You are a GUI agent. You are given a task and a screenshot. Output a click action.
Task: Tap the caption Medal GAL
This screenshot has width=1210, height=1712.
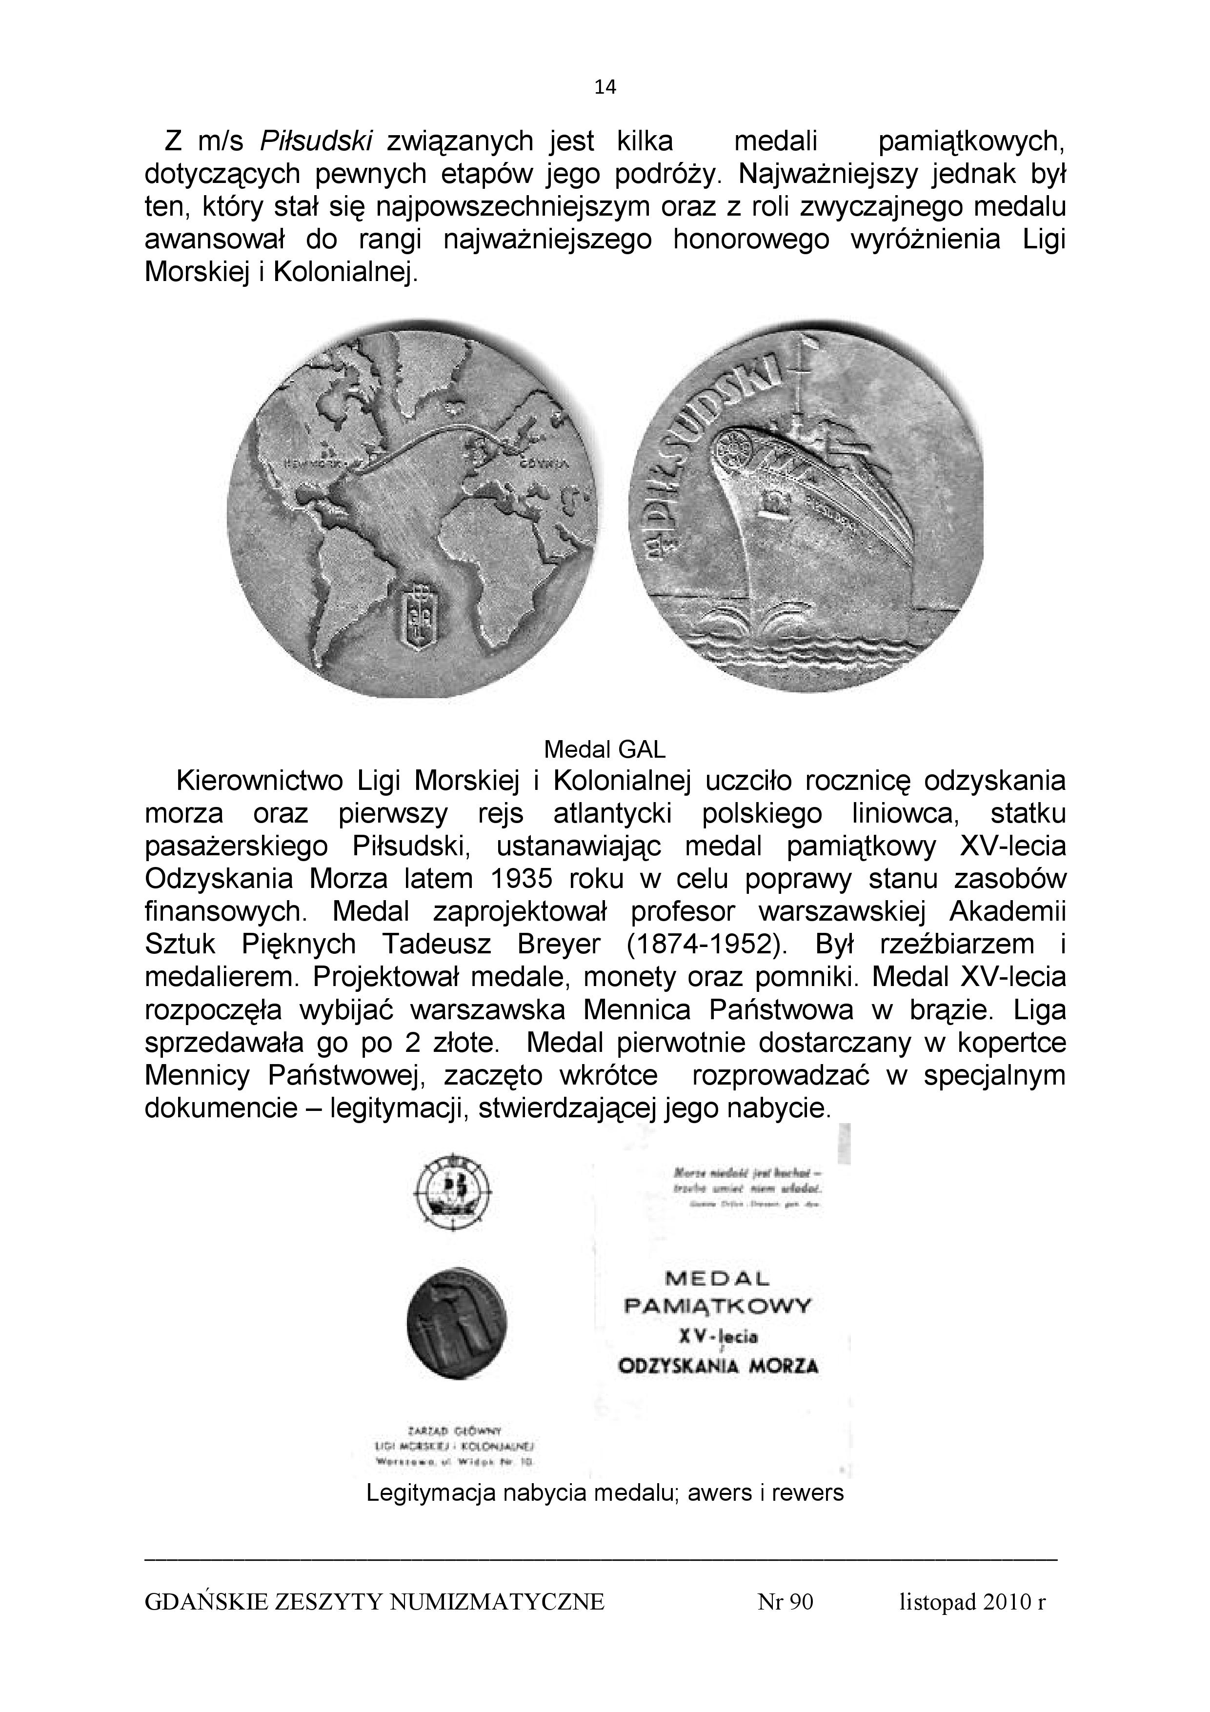point(605,748)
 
